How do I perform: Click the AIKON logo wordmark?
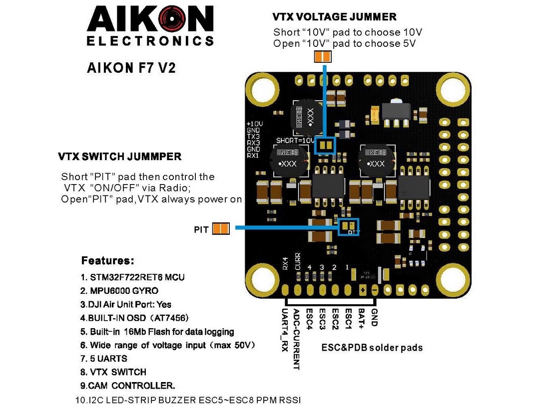click(150, 20)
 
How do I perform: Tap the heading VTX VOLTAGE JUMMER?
click(334, 17)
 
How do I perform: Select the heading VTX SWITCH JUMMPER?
click(120, 157)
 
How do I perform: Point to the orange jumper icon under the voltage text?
click(322, 57)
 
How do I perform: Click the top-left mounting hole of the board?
click(260, 90)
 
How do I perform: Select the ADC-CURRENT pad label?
click(297, 339)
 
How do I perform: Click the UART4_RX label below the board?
click(284, 330)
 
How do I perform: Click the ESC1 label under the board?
click(349, 318)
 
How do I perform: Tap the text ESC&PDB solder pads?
click(372, 348)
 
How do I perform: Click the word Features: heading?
click(107, 261)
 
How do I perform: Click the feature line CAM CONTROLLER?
click(128, 386)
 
